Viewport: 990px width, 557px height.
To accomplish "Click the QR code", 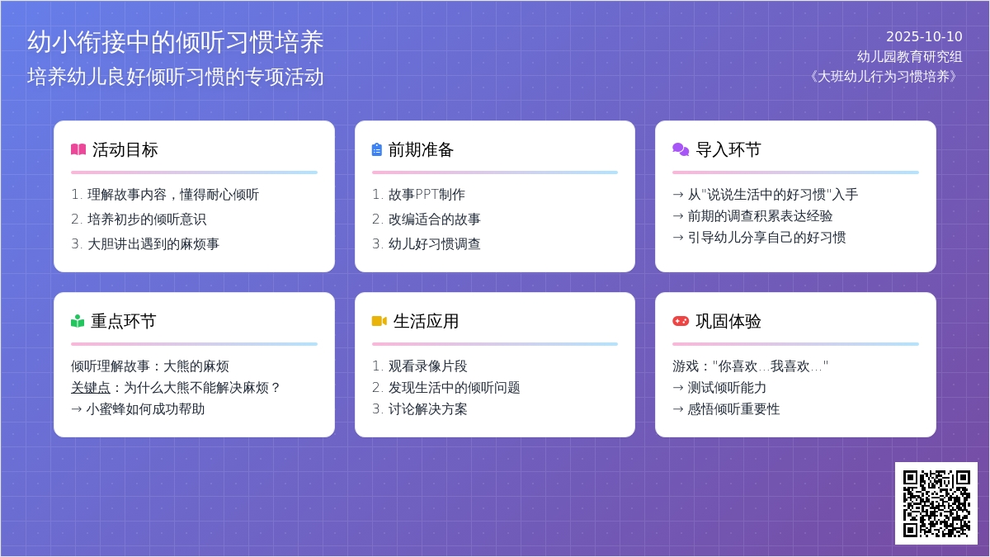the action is (936, 503).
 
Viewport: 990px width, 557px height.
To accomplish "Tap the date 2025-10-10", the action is (924, 36).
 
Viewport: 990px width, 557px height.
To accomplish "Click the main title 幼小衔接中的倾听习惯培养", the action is (176, 42).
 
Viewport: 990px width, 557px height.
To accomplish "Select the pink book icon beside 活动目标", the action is (78, 149).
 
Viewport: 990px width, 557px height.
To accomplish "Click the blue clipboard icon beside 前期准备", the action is (376, 149).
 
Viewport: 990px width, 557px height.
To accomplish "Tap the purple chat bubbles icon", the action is (681, 149).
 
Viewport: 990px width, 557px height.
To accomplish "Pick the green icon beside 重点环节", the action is (78, 321).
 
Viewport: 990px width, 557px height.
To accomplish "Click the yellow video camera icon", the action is (379, 321).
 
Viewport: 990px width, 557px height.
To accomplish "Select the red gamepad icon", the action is (681, 321).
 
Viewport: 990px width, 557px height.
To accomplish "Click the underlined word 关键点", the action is (91, 388).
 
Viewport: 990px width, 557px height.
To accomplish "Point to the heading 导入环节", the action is (728, 149).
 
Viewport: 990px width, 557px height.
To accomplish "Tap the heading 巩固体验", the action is (728, 321).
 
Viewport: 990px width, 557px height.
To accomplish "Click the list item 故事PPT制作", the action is (427, 195).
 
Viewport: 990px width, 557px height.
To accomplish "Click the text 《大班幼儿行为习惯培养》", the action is (884, 77).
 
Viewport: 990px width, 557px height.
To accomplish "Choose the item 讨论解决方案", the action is (428, 409).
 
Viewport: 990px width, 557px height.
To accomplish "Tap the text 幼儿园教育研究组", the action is (909, 57).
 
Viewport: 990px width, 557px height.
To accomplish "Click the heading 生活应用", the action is (426, 321).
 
